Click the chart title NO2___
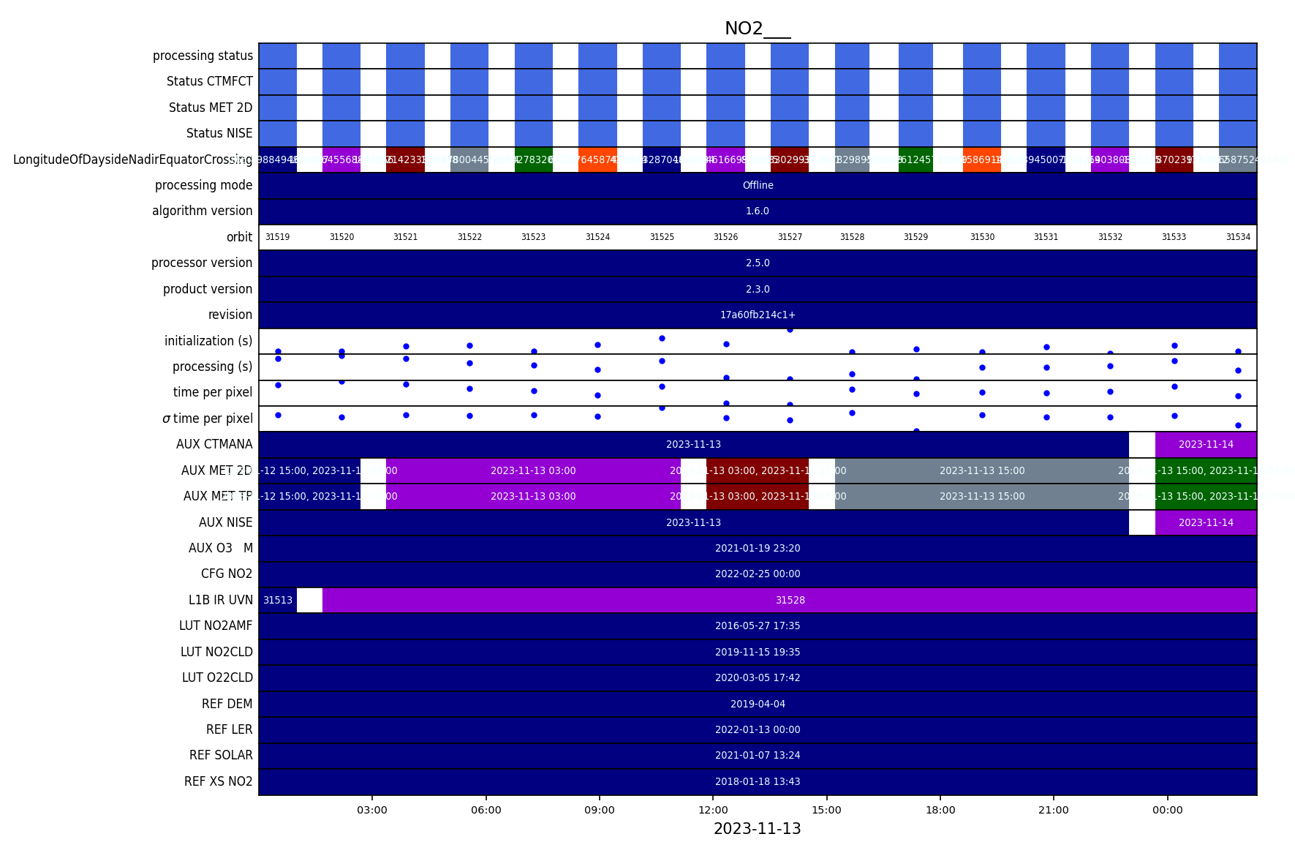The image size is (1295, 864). (x=757, y=29)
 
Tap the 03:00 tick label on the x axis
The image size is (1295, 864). (x=372, y=810)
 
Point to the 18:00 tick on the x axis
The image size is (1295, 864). (x=940, y=810)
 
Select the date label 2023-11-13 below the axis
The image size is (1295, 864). (x=757, y=829)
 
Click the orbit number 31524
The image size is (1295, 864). (x=597, y=237)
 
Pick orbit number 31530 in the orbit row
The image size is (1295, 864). (x=982, y=237)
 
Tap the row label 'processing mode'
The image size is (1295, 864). (x=203, y=185)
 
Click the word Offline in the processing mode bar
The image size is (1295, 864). (x=758, y=185)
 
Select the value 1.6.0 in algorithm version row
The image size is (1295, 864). (x=758, y=211)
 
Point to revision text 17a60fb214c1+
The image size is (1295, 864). (x=758, y=315)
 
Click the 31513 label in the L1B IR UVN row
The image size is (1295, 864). (x=278, y=600)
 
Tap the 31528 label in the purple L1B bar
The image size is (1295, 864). (x=790, y=600)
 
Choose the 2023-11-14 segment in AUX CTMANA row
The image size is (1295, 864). (x=1206, y=444)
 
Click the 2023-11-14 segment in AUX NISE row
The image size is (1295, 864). (x=1206, y=522)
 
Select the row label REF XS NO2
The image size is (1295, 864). (x=218, y=781)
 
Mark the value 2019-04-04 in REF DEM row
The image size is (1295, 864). (x=758, y=704)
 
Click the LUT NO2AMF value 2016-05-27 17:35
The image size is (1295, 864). (x=758, y=626)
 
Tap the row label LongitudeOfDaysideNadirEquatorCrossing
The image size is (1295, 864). (x=132, y=159)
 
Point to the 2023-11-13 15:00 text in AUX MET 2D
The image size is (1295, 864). (x=982, y=470)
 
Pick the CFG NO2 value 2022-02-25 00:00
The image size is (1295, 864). (x=758, y=574)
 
